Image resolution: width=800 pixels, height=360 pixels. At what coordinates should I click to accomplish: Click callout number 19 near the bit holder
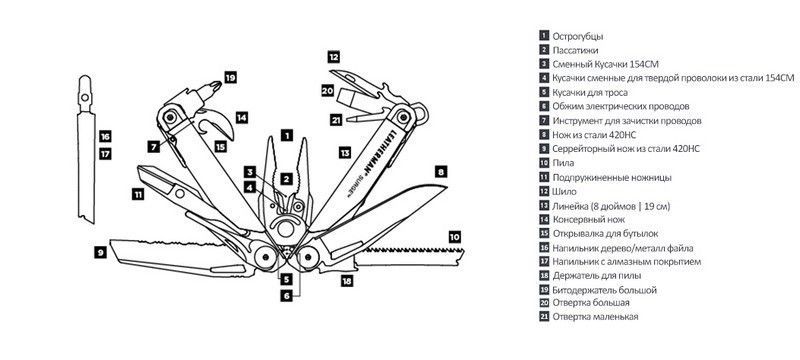(231, 78)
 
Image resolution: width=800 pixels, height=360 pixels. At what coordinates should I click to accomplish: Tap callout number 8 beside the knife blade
(441, 172)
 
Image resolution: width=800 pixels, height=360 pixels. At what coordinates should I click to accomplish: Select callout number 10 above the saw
(455, 237)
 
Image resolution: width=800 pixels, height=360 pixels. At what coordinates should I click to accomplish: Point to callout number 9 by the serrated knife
(101, 252)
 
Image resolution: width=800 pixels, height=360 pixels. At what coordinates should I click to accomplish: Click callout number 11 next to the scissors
(138, 194)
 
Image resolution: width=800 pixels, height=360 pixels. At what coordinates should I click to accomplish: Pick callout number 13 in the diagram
(345, 152)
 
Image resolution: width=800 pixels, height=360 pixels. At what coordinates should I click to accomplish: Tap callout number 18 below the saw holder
(347, 280)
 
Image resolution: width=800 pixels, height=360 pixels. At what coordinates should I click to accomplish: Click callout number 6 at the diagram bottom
(287, 296)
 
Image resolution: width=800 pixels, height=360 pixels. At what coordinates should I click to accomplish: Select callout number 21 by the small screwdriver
(336, 121)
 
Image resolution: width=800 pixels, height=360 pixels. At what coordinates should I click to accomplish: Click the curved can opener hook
(220, 123)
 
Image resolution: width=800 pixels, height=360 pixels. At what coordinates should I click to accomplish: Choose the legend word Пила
(563, 163)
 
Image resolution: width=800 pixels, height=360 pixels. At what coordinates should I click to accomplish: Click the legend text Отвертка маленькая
(595, 317)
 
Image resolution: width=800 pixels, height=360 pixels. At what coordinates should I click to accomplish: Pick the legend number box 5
(544, 92)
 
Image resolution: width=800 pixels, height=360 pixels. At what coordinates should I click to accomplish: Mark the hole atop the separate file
(85, 96)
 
